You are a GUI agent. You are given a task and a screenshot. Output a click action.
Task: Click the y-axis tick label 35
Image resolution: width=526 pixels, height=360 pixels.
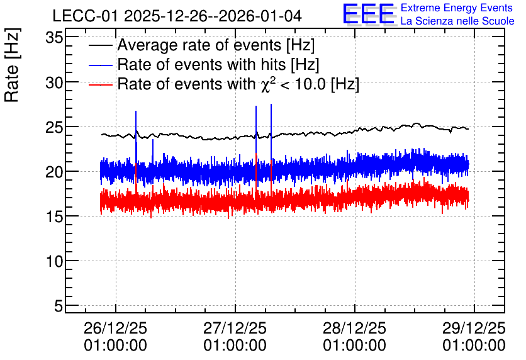[x=54, y=38]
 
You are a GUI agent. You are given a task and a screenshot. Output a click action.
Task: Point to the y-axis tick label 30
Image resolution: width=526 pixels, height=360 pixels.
[x=54, y=82]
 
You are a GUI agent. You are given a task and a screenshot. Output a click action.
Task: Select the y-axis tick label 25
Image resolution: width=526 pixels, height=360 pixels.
[x=54, y=127]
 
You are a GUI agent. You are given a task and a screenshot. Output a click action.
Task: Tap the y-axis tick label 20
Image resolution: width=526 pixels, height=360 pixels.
[x=54, y=172]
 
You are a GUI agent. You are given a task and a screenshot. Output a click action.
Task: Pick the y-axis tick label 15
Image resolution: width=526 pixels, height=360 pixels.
[x=54, y=217]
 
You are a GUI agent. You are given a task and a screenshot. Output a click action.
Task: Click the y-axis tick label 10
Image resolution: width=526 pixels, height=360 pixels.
[x=54, y=261]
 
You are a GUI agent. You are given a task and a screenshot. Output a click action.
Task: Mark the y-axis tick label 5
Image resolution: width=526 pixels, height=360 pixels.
[x=59, y=306]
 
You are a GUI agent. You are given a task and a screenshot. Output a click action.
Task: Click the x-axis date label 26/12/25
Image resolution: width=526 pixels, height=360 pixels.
[x=115, y=329]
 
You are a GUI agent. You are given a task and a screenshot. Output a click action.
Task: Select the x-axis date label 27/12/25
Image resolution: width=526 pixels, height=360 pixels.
[x=235, y=329]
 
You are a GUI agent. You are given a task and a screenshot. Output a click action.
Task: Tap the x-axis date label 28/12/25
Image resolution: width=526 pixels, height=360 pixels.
[x=355, y=329]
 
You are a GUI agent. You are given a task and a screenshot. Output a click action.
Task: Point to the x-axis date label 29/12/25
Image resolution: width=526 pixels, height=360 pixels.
[x=474, y=329]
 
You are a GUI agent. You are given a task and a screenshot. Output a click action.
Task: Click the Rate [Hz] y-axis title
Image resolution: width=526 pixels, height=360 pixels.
[x=12, y=65]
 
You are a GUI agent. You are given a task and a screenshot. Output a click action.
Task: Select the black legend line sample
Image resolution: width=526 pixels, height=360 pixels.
[x=101, y=45]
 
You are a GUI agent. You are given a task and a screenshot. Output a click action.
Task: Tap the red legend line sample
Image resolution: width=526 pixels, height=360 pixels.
[x=101, y=84]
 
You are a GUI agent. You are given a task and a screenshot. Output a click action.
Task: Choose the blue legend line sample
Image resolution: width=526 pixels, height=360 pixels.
[x=101, y=65]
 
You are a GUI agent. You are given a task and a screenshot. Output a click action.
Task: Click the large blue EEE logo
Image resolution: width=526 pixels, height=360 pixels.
[x=369, y=14]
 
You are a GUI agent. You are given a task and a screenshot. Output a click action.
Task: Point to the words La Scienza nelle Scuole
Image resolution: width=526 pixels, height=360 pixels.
[x=457, y=21]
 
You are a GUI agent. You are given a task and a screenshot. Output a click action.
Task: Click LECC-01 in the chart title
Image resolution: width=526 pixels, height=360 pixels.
[x=86, y=16]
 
